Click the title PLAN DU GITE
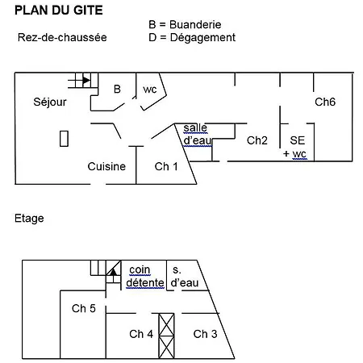click(59, 10)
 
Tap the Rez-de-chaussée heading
click(62, 37)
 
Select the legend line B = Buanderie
click(185, 25)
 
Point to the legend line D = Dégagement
click(192, 38)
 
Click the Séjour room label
click(50, 102)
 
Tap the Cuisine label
click(106, 166)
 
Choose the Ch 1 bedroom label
click(166, 166)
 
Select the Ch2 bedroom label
click(257, 140)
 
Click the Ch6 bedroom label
click(325, 102)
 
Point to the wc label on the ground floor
click(150, 90)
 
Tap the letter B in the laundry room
click(117, 89)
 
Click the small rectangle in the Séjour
click(64, 139)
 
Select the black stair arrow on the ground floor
click(86, 80)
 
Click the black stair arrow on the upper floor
click(113, 272)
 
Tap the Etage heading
click(29, 219)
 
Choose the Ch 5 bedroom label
click(84, 308)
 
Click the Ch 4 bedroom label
click(141, 334)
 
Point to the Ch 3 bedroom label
click(205, 334)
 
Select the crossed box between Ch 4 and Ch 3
click(166, 336)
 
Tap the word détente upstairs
click(145, 283)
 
